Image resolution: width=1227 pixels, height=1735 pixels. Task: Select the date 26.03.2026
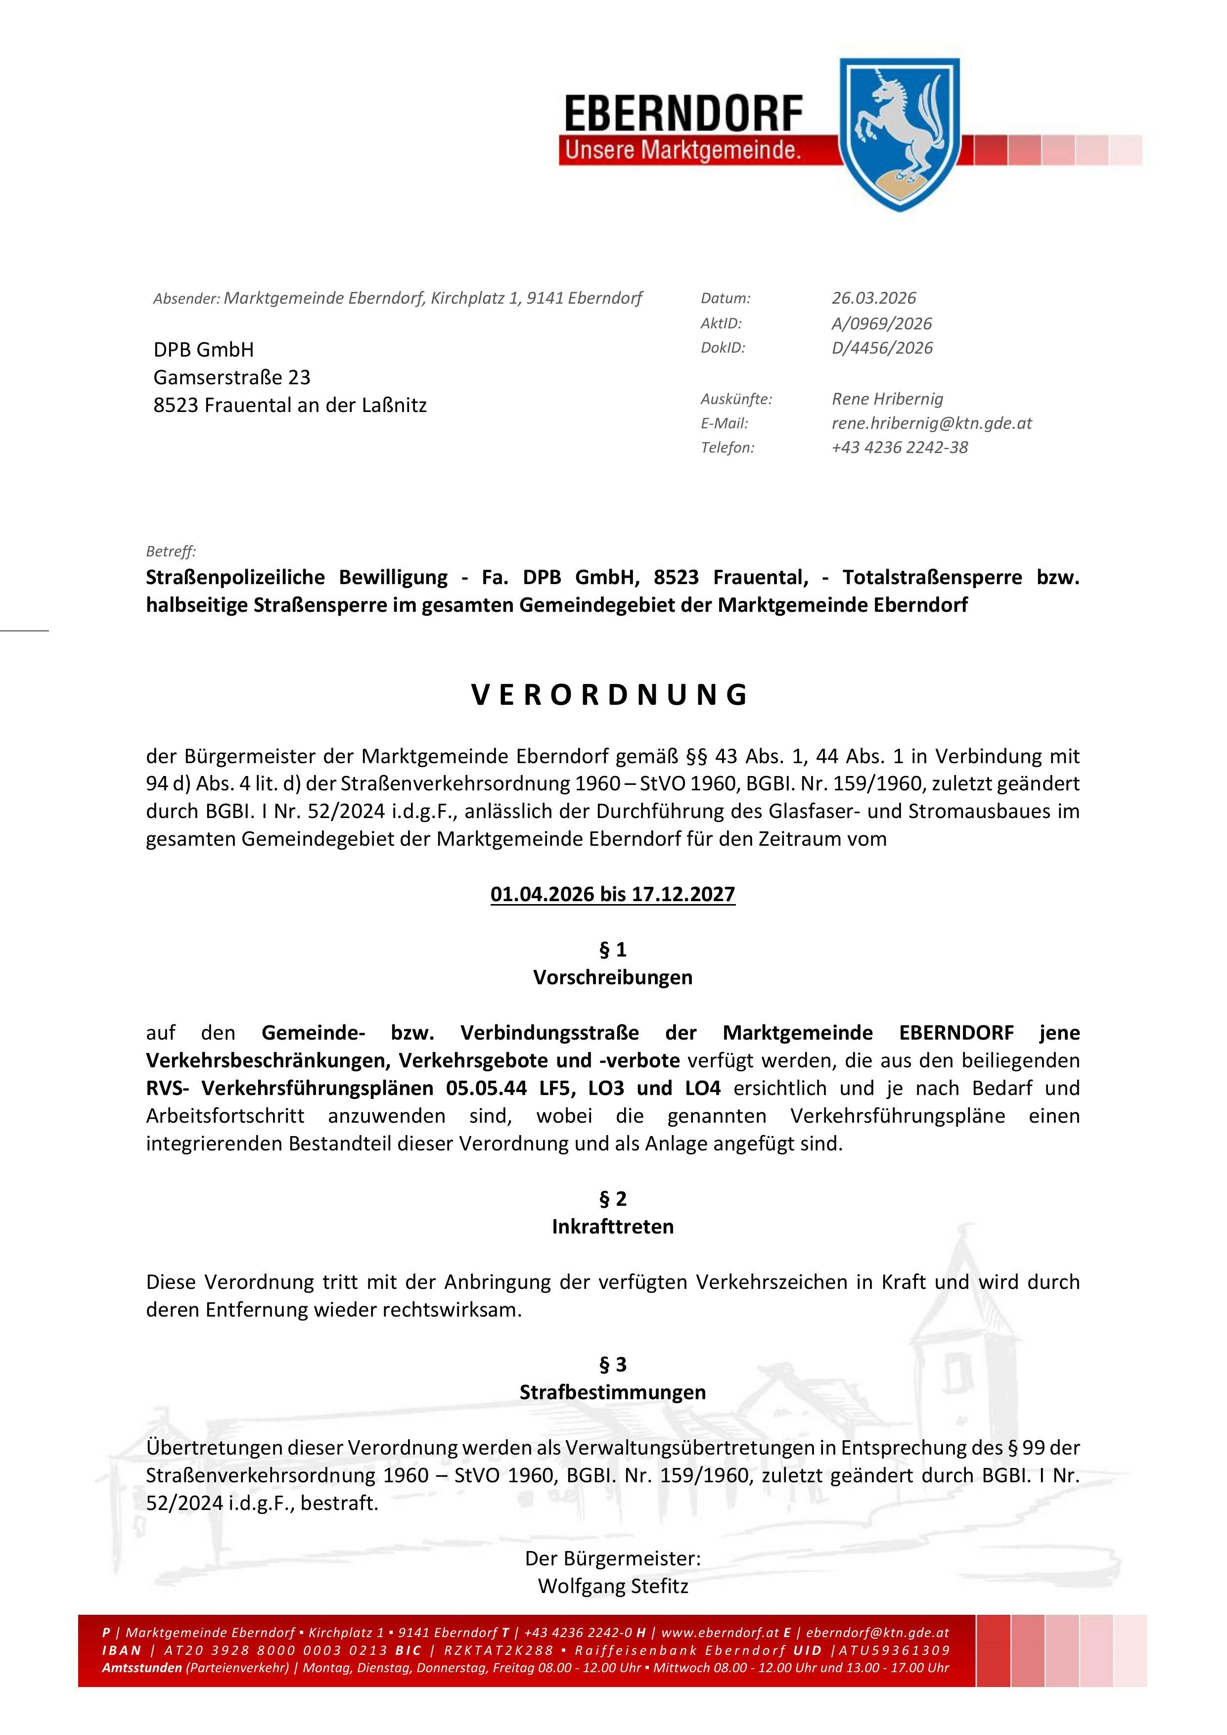[874, 299]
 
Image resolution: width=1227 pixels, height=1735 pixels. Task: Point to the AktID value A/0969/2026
[882, 323]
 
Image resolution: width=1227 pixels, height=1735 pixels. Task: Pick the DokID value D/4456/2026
[882, 348]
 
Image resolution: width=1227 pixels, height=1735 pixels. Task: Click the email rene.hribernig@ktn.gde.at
[932, 423]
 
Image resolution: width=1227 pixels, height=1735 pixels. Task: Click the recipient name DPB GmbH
[204, 350]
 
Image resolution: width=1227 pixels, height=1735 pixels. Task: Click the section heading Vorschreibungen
[613, 978]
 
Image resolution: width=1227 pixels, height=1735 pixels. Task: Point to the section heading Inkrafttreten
[613, 1227]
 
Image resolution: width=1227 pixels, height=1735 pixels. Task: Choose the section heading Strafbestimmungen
[613, 1392]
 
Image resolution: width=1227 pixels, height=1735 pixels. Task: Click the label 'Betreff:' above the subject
[171, 551]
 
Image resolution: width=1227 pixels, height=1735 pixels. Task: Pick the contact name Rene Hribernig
[888, 399]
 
